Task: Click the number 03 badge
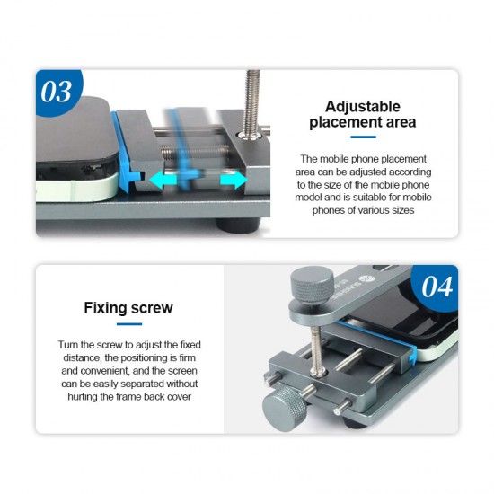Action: (x=57, y=92)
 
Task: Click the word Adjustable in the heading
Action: (x=363, y=107)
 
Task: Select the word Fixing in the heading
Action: (x=106, y=308)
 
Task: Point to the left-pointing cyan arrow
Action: (x=163, y=180)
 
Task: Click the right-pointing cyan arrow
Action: (x=234, y=180)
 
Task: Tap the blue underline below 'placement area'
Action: (x=363, y=137)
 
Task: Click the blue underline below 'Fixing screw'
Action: (x=129, y=324)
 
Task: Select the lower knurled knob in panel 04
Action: (x=284, y=409)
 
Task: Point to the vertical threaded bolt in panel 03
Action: (x=252, y=104)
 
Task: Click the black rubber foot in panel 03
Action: (x=238, y=226)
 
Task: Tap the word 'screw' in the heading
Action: (x=152, y=308)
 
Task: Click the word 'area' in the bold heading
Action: (x=401, y=122)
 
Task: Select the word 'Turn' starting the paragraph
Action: (x=68, y=345)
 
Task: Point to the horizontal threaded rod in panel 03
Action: (x=193, y=150)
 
